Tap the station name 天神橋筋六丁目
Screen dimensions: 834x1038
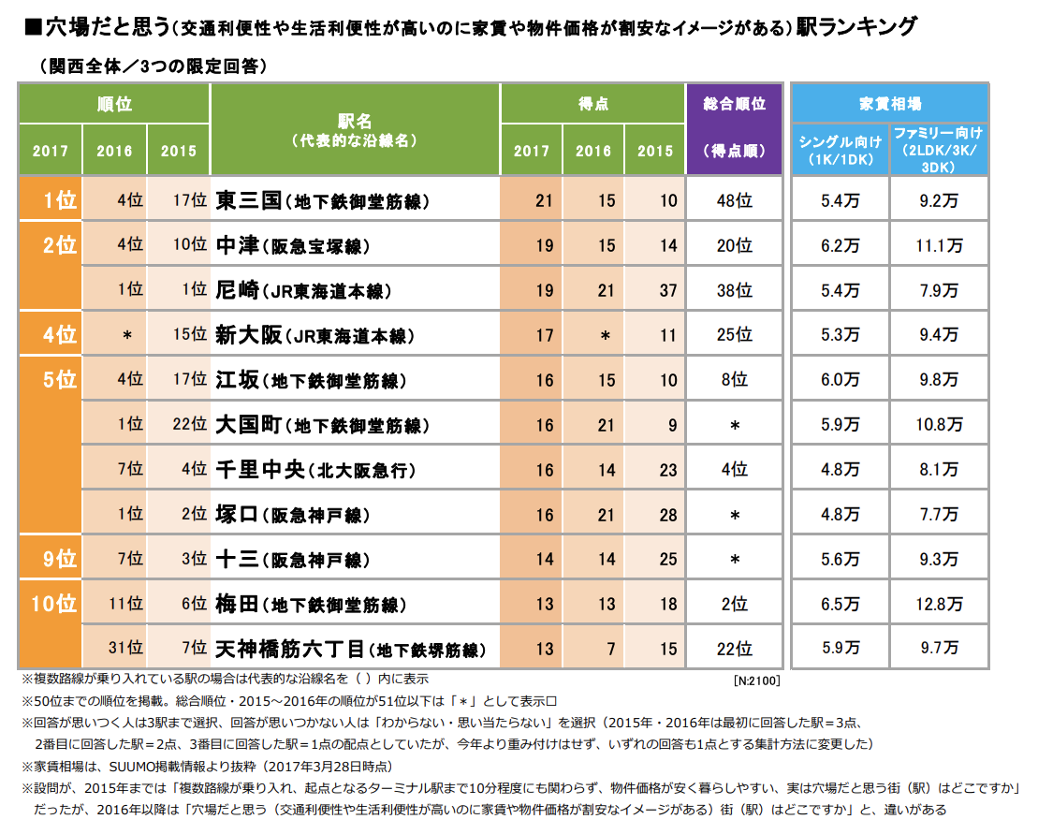point(291,648)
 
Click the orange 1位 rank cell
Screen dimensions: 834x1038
point(51,200)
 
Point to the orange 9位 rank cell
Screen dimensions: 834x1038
point(51,560)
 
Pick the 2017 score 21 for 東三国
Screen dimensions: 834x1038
point(544,200)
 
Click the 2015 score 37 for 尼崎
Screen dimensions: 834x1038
point(667,290)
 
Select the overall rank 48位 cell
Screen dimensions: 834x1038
point(734,200)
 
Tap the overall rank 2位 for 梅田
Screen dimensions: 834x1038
point(734,605)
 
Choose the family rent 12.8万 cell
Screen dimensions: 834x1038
point(939,605)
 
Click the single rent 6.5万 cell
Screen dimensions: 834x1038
point(840,605)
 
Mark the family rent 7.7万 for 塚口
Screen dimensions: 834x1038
point(939,515)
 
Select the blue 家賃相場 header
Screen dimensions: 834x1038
point(889,103)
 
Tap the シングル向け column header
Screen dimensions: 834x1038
point(840,150)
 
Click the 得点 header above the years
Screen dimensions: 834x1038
point(593,103)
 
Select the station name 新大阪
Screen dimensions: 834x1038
point(249,335)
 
